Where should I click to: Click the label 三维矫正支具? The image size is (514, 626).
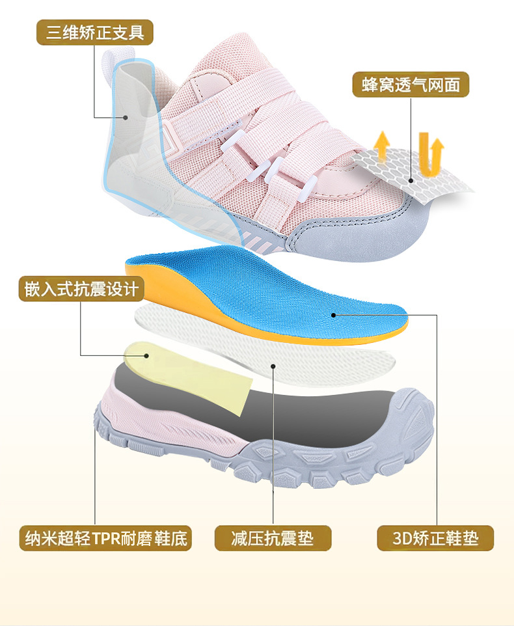point(95,31)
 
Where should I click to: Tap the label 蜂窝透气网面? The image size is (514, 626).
point(411,84)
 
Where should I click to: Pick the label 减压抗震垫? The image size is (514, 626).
point(273,538)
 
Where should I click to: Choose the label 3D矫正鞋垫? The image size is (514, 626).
point(435,538)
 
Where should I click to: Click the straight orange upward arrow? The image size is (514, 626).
point(383,146)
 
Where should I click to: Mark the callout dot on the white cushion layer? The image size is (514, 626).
point(274,366)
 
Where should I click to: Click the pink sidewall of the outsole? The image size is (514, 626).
point(150,416)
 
